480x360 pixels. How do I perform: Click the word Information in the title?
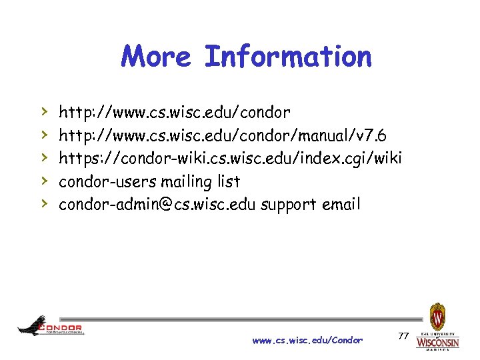pos(288,57)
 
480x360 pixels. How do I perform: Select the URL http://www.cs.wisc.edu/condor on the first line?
pos(174,111)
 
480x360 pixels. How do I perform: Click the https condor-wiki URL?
pos(230,158)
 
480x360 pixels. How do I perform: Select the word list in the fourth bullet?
pos(229,181)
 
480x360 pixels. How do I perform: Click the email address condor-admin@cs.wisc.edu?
pos(157,205)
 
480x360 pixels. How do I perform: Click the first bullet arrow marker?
pos(44,111)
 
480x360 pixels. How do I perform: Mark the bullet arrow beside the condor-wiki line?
pos(44,157)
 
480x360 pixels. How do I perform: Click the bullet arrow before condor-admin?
pos(44,204)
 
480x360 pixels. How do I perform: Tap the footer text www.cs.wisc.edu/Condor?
pos(307,340)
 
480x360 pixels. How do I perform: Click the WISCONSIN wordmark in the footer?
pos(438,342)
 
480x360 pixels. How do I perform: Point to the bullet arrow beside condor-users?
pos(44,181)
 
